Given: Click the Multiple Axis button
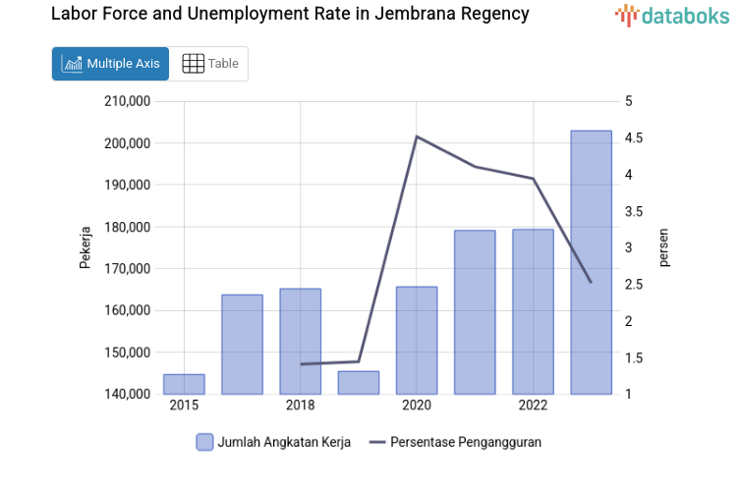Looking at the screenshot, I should (110, 64).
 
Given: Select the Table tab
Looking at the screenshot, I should (210, 64).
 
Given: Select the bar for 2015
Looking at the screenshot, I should (184, 384).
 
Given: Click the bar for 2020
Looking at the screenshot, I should (417, 340).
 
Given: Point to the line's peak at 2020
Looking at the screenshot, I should (417, 136).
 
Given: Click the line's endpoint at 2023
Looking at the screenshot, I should (591, 282).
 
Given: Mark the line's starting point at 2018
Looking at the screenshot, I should (301, 364).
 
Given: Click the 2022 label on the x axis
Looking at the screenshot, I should (533, 406).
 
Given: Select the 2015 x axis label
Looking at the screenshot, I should (184, 406).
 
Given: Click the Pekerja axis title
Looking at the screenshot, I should (85, 247).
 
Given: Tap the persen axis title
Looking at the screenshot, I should (663, 247).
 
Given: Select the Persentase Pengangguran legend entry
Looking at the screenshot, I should (456, 442).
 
